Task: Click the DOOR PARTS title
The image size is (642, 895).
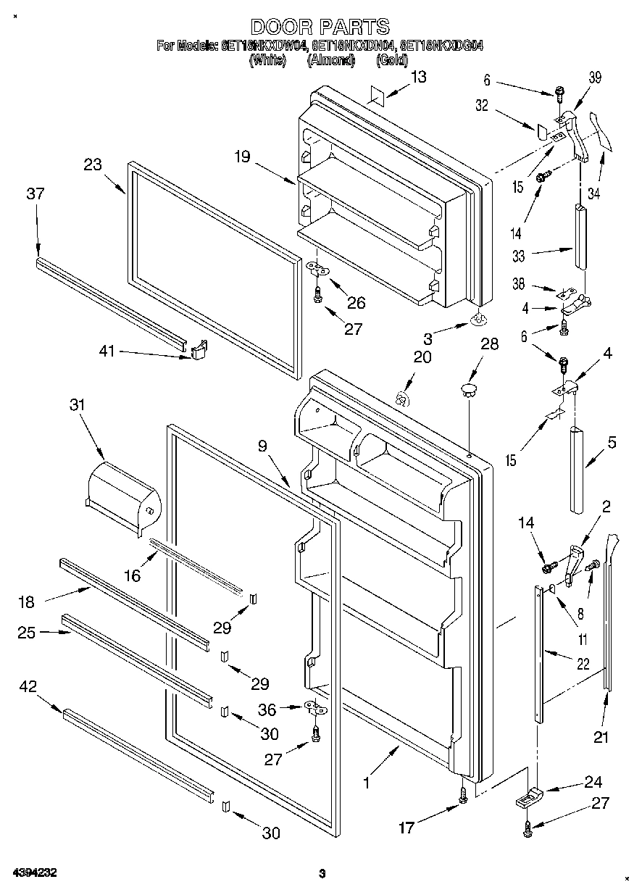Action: (x=320, y=28)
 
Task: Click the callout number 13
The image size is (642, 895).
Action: (x=418, y=78)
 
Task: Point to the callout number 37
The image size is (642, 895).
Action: (x=35, y=193)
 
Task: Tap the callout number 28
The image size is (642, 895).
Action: (x=489, y=344)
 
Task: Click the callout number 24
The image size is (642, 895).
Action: (x=593, y=781)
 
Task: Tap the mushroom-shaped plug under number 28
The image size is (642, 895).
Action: (x=469, y=391)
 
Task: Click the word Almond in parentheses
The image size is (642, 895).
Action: (x=330, y=60)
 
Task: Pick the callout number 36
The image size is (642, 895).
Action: (x=267, y=710)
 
